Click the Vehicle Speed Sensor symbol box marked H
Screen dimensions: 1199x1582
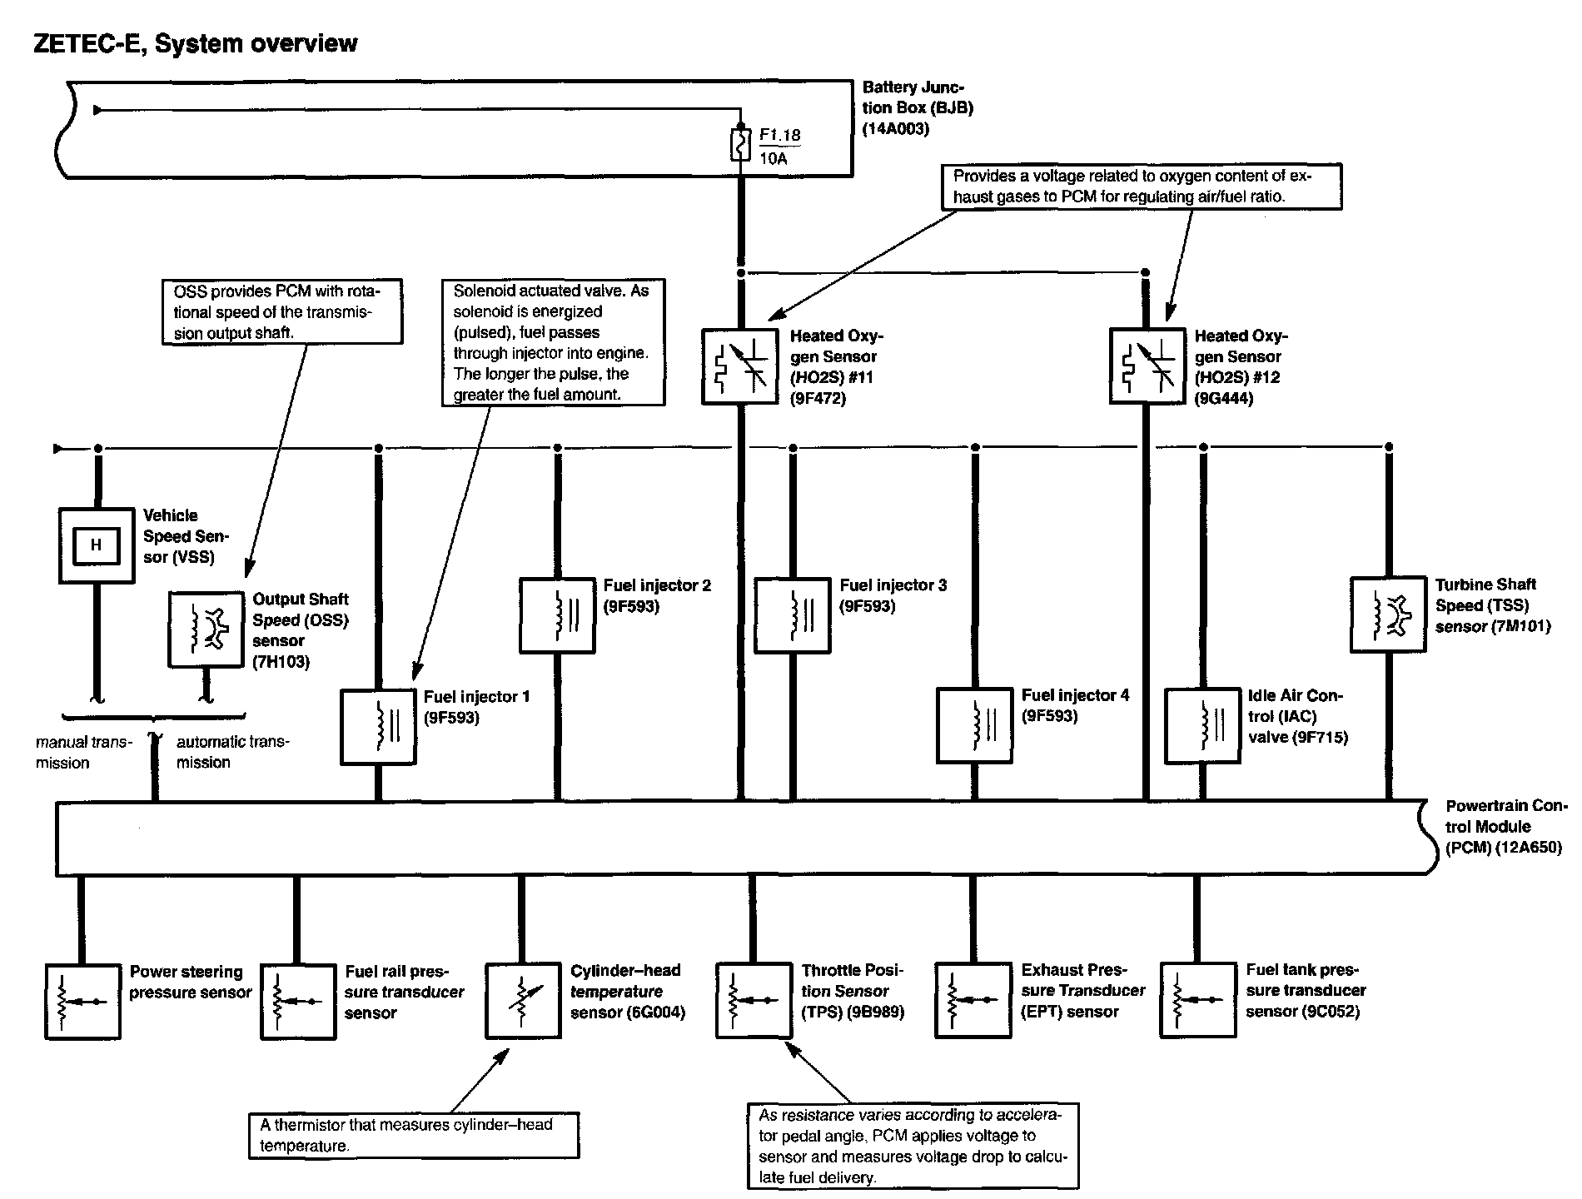click(x=96, y=545)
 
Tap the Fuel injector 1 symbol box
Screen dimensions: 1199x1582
click(x=378, y=726)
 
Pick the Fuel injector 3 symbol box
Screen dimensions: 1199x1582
click(x=792, y=615)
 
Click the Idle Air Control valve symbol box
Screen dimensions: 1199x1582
click(x=1202, y=725)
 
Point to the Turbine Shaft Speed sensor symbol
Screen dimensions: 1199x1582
click(x=1387, y=614)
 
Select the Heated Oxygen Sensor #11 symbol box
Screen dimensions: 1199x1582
click(x=739, y=366)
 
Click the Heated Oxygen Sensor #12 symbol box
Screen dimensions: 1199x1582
click(x=1147, y=366)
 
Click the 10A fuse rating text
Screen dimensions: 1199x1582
click(x=774, y=157)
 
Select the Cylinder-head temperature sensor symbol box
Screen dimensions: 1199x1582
click(x=523, y=1001)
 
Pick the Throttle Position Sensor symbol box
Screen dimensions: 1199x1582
click(x=754, y=1001)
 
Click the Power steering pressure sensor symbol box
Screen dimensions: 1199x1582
click(x=82, y=1001)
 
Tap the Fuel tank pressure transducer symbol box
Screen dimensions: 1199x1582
click(x=1197, y=1001)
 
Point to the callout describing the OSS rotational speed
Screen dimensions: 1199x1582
click(x=281, y=312)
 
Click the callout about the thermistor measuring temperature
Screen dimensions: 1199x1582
click(x=413, y=1135)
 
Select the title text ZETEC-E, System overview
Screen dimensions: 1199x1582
click(x=195, y=43)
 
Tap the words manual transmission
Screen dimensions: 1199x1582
click(x=83, y=752)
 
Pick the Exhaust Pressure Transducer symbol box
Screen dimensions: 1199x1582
click(x=973, y=1001)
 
